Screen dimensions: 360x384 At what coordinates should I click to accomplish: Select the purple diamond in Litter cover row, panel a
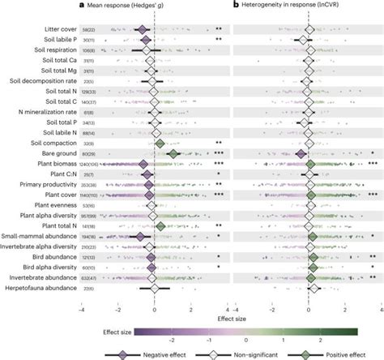click(x=144, y=29)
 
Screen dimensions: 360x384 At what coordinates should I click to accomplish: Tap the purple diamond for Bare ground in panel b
click(x=301, y=152)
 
